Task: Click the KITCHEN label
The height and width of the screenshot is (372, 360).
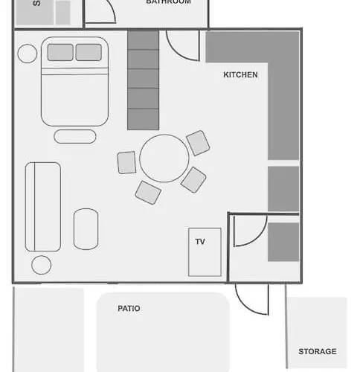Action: [240, 75]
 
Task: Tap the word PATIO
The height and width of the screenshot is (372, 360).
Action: [129, 308]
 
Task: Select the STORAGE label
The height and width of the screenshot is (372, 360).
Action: [317, 351]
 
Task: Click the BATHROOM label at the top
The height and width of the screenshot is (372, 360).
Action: [168, 2]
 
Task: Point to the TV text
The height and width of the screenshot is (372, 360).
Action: [200, 242]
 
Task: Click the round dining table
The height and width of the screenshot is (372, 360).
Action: [164, 158]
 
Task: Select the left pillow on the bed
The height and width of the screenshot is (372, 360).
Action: [60, 52]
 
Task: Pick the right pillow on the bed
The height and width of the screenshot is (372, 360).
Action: [89, 52]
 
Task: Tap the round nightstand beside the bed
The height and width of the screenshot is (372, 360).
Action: [28, 54]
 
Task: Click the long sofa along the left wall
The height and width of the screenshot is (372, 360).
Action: [43, 206]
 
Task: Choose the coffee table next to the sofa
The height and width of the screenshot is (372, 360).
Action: [86, 228]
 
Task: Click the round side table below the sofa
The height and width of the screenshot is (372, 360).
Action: [41, 264]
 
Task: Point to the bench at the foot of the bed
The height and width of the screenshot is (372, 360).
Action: [74, 136]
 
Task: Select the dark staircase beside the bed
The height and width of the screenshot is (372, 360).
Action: [144, 80]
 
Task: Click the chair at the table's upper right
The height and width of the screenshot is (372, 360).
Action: [198, 143]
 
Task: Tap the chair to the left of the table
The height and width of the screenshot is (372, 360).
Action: [127, 162]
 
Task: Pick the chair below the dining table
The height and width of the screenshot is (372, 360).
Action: [148, 192]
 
